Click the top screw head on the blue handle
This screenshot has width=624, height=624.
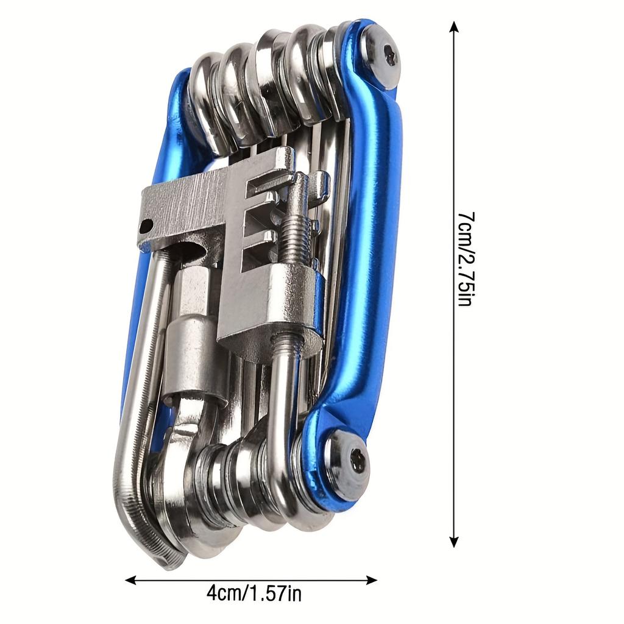[x=384, y=57]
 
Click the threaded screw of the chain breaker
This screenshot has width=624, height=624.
[x=297, y=238]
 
